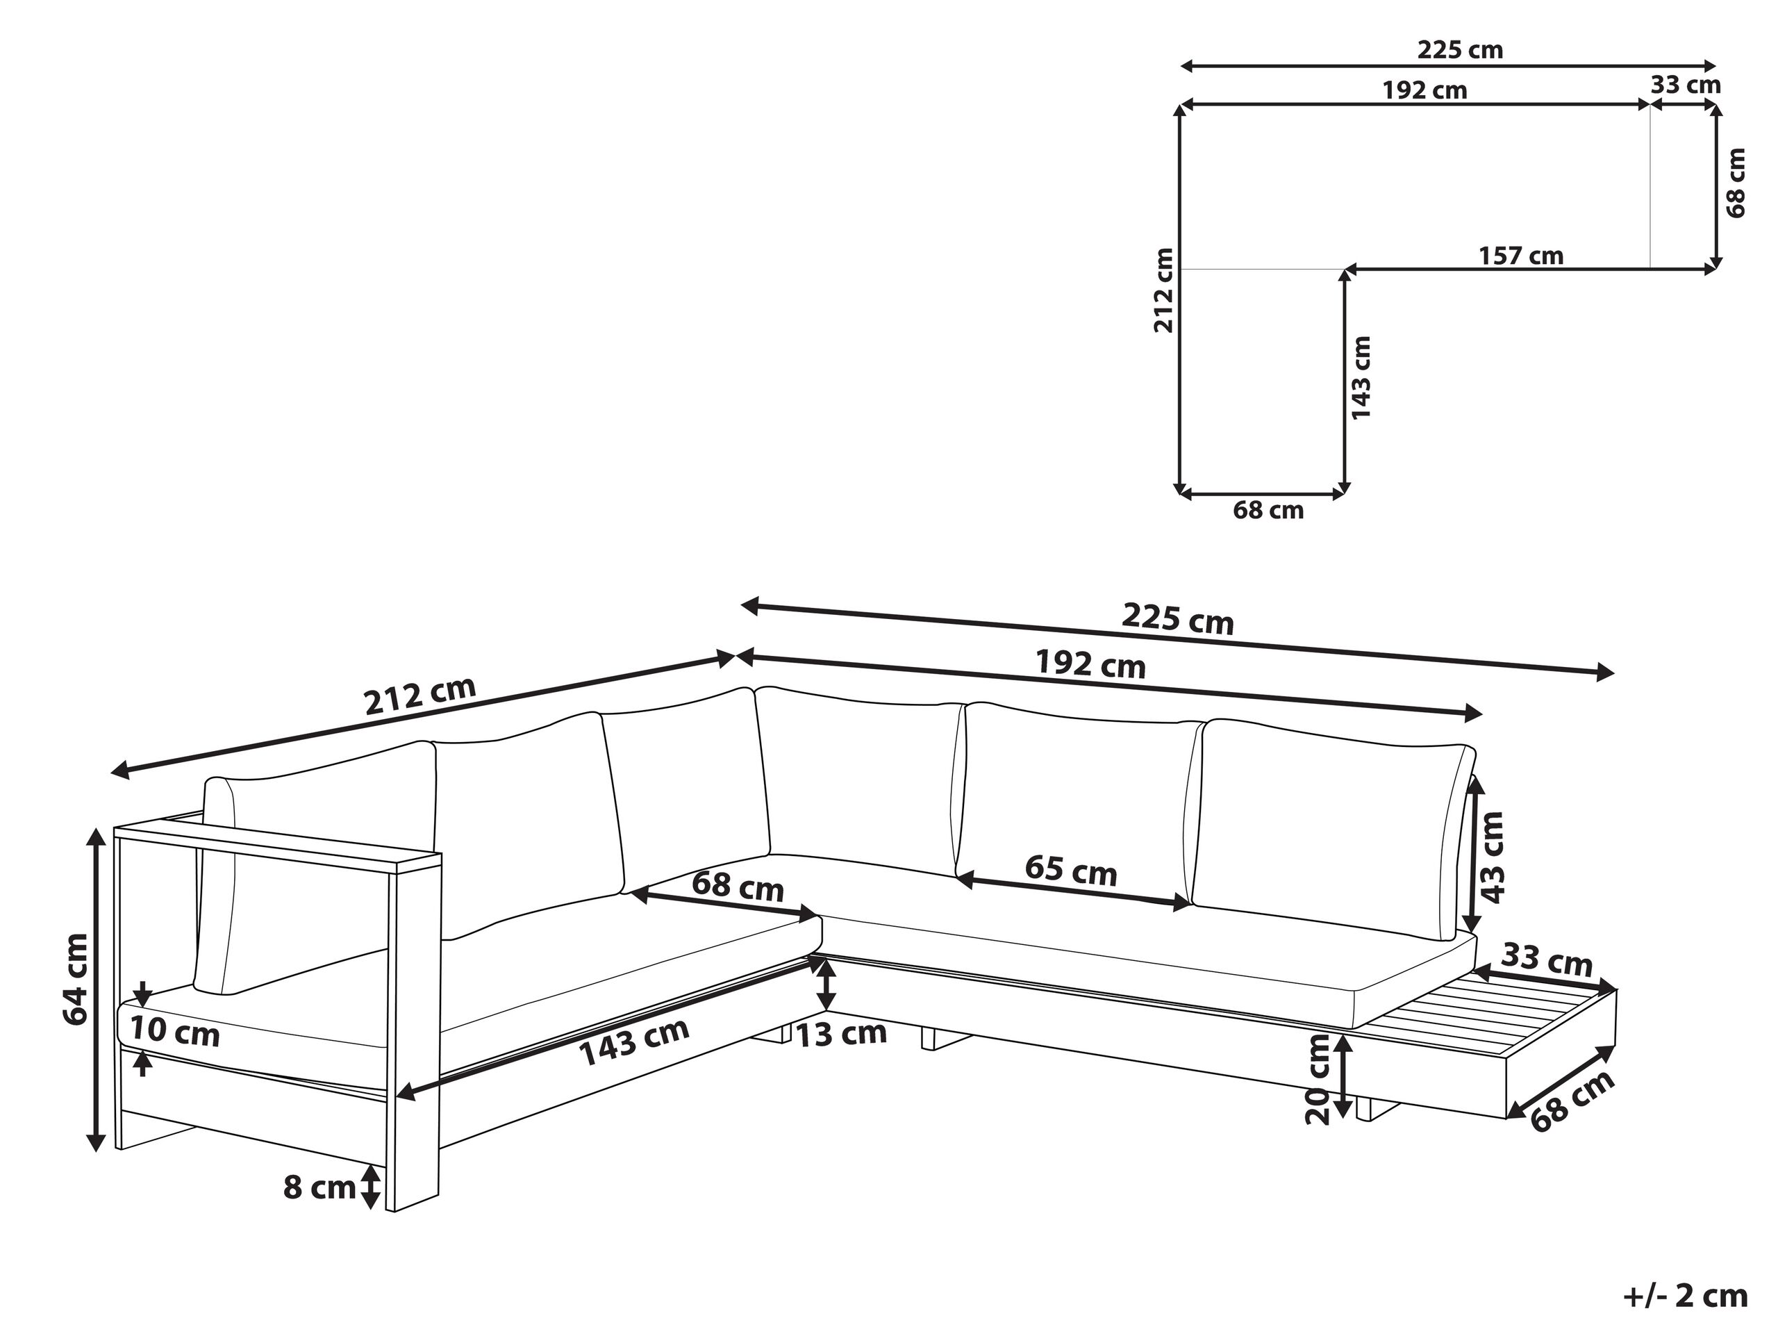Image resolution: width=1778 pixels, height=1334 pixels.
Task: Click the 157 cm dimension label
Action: pos(1521,256)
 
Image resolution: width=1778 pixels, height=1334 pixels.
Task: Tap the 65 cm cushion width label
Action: pos(1071,871)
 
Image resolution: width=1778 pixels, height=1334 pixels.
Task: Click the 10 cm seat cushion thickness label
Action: pos(174,1030)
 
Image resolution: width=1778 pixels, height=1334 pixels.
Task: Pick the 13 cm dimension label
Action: pos(841,1033)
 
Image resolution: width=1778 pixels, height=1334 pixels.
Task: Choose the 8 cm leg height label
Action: pos(319,1187)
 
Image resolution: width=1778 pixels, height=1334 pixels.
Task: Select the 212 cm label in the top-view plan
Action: pos(1163,290)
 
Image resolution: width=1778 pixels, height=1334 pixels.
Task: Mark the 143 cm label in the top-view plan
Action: pos(1361,378)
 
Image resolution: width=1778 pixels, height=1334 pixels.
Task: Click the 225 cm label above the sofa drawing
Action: pos(1177,619)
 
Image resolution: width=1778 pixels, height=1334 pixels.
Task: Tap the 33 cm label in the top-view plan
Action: pos(1686,85)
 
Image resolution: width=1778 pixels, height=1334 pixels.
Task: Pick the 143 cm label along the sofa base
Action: pos(634,1041)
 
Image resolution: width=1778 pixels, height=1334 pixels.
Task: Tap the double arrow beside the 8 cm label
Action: pos(369,1187)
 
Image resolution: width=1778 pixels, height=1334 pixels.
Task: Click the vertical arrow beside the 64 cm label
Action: pos(97,990)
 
